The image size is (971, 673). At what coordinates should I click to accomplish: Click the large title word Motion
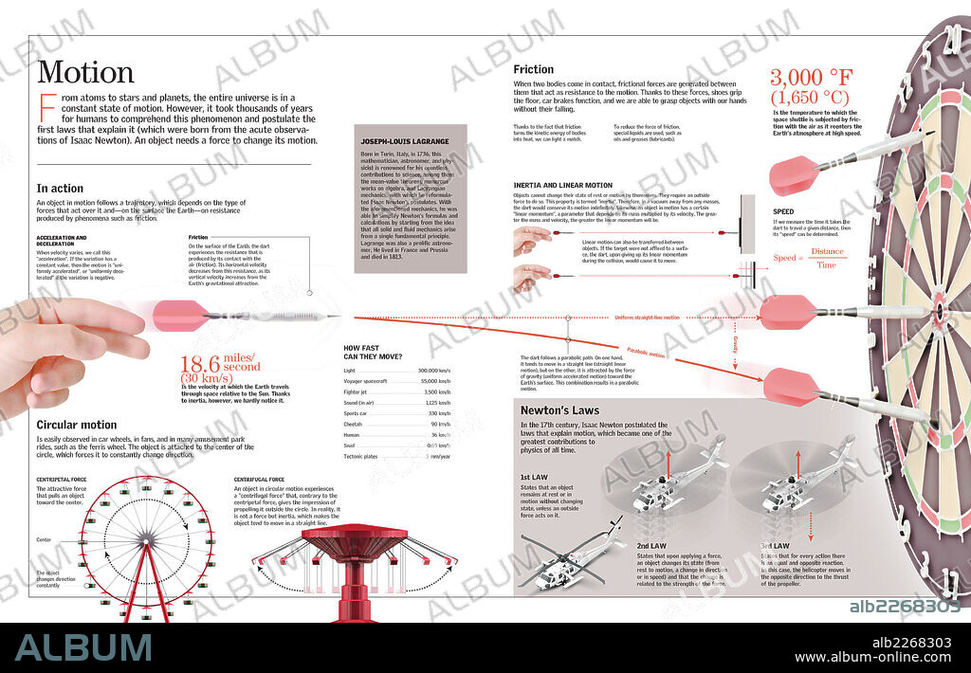tap(85, 73)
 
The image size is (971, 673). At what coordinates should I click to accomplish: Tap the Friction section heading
tap(533, 69)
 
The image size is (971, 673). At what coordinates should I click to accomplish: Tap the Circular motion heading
tap(77, 425)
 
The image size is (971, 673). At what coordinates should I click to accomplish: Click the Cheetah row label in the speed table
tap(354, 423)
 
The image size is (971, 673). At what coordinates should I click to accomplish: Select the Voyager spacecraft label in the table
tap(364, 380)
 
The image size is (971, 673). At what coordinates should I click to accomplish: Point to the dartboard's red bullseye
tap(939, 310)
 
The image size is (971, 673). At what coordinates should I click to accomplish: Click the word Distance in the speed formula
tap(826, 251)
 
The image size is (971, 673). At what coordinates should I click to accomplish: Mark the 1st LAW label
tap(533, 477)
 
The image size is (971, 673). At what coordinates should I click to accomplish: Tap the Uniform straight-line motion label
tap(647, 318)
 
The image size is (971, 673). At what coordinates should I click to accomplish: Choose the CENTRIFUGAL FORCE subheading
tap(259, 480)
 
